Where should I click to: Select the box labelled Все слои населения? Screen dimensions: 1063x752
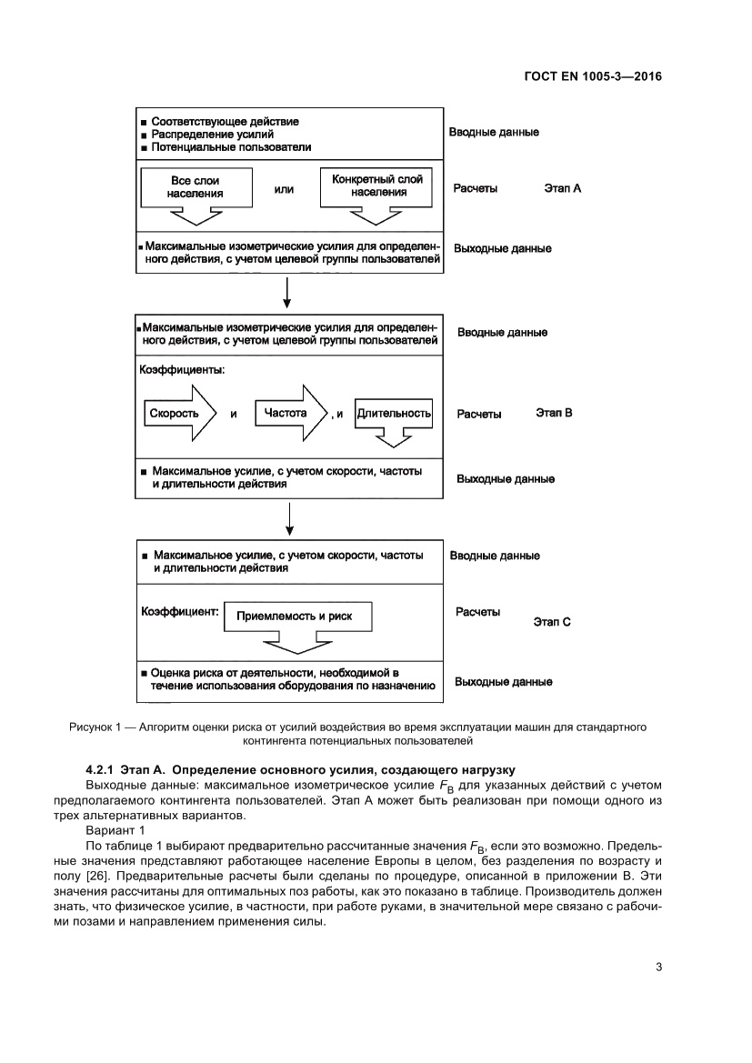pos(196,187)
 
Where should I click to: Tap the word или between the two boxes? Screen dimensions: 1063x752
pos(284,190)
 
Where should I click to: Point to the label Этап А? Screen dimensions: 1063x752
pos(563,188)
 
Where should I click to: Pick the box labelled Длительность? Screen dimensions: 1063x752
pos(393,414)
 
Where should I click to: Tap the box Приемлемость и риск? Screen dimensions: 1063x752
pos(293,617)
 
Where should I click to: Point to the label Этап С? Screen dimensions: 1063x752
pos(551,623)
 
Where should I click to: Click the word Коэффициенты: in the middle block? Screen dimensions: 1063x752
pos(181,370)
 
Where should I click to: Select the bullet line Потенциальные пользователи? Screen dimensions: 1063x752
pos(231,146)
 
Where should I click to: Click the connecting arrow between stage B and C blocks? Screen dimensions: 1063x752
pos(288,518)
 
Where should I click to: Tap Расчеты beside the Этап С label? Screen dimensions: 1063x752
pos(477,612)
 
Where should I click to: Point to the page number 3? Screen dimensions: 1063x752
pos(657,967)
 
